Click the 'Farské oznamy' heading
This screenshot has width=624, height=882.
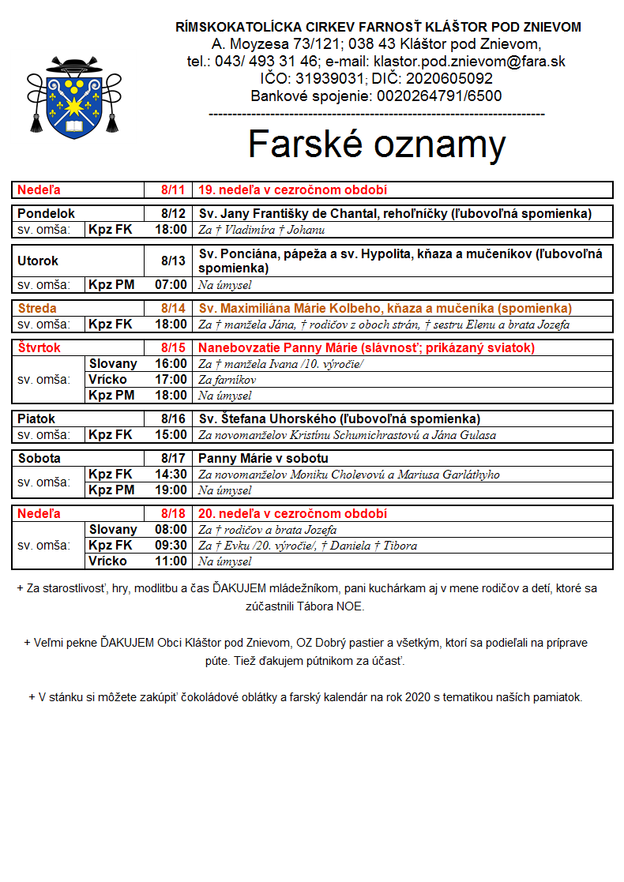coord(376,144)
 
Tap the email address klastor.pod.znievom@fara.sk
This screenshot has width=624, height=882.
coord(470,62)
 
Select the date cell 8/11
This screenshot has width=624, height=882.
coord(172,190)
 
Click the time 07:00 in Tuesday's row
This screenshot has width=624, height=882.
coord(171,285)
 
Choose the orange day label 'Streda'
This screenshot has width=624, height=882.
coord(37,309)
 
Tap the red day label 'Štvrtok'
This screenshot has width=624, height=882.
coord(39,348)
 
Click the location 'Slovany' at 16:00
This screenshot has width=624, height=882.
coord(112,364)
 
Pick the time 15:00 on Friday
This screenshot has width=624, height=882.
coord(171,435)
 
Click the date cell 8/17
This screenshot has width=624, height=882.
coord(172,459)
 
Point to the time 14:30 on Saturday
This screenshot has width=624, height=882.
coord(171,475)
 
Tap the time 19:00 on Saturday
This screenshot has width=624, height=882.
coord(171,490)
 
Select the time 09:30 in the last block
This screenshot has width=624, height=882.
coord(171,546)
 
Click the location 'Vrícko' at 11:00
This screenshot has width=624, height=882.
coord(107,561)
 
